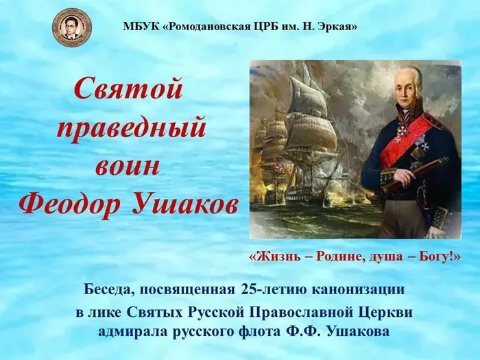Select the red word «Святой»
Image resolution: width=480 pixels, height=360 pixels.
[x=129, y=88]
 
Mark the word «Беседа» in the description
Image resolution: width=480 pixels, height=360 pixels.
[x=110, y=290]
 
